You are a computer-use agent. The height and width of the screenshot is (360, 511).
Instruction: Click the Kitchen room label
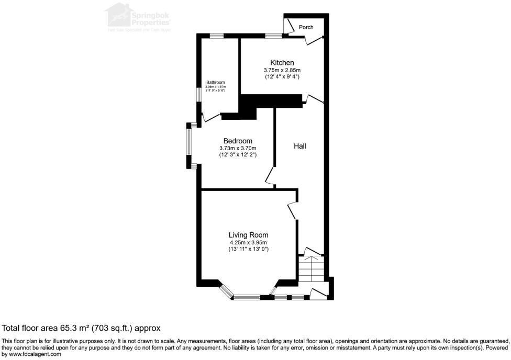[x=282, y=63]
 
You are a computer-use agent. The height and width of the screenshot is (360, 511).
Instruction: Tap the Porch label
[x=306, y=27]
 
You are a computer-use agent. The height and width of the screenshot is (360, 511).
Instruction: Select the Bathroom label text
[x=215, y=83]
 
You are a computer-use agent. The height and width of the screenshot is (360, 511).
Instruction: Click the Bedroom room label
[x=238, y=141]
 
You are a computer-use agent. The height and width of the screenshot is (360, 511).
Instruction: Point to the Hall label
[x=299, y=147]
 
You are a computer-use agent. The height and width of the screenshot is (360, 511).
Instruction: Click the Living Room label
[x=248, y=235]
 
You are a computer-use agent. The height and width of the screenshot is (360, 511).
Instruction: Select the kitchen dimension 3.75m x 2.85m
[x=282, y=70]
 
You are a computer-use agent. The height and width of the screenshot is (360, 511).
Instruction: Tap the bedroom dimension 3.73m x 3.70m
[x=238, y=149]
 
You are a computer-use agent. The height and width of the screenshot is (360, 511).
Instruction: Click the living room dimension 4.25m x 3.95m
[x=248, y=243]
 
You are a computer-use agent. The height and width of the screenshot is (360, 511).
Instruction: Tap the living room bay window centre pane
[x=247, y=298]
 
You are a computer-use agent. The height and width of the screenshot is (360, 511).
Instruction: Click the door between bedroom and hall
[x=270, y=176]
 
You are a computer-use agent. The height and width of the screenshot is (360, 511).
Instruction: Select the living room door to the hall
[x=292, y=210]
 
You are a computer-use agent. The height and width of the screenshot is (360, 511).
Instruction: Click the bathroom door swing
[x=210, y=117]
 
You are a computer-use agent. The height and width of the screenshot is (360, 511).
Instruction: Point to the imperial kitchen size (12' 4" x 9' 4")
[x=282, y=77]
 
